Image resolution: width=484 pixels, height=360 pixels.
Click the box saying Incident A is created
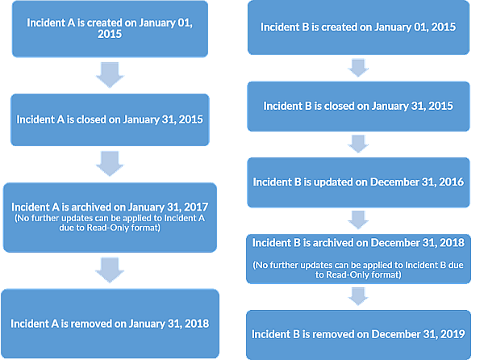pyautogui.click(x=110, y=29)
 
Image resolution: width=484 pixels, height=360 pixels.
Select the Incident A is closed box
pyautogui.click(x=110, y=119)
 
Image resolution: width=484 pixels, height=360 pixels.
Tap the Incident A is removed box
pyautogui.click(x=111, y=324)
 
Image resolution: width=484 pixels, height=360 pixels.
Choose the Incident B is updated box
pyautogui.click(x=358, y=182)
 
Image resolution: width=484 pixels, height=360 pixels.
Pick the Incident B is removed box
pyautogui.click(x=359, y=335)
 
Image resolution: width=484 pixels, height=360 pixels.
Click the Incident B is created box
pyautogui.click(x=358, y=27)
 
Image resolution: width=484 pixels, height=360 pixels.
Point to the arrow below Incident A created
pyautogui.click(x=110, y=75)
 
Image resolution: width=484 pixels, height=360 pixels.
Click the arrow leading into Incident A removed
pyautogui.click(x=110, y=270)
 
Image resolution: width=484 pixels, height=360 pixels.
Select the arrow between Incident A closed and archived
pyautogui.click(x=110, y=164)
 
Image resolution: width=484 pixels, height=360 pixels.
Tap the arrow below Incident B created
pyautogui.click(x=358, y=68)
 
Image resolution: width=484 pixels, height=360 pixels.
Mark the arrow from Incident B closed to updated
pyautogui.click(x=358, y=144)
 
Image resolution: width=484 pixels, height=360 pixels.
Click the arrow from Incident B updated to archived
pyautogui.click(x=358, y=220)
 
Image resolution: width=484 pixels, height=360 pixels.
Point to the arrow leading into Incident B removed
pyautogui.click(x=358, y=296)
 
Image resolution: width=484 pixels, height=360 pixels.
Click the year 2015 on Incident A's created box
pyautogui.click(x=110, y=34)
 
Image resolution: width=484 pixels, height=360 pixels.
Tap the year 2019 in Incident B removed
pyautogui.click(x=453, y=334)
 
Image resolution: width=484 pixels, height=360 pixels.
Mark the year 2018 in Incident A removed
pyautogui.click(x=197, y=324)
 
